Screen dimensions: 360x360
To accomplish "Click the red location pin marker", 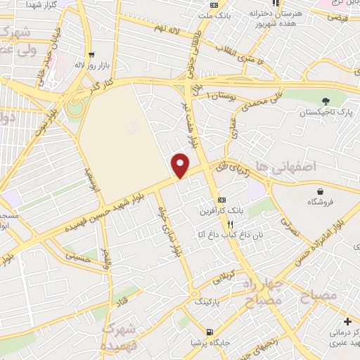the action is [181, 165].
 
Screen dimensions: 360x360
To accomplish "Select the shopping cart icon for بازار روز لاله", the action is [91, 54].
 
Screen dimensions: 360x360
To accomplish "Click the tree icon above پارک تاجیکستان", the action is [325, 101].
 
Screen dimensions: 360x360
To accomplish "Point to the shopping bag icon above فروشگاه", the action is [321, 190].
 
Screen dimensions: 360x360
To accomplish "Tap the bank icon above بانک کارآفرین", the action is [222, 200].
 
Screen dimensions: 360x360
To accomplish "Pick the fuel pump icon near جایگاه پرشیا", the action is [210, 331].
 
